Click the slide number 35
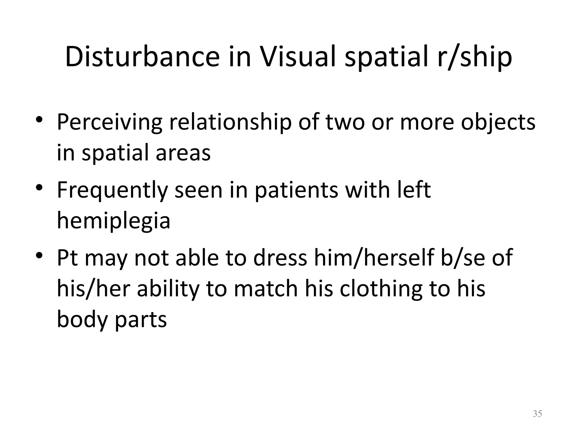pyautogui.click(x=537, y=414)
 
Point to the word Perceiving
pyautogui.click(x=110, y=123)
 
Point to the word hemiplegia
pyautogui.click(x=114, y=221)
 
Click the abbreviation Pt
pyautogui.click(x=67, y=258)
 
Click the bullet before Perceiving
pyautogui.click(x=39, y=119)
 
